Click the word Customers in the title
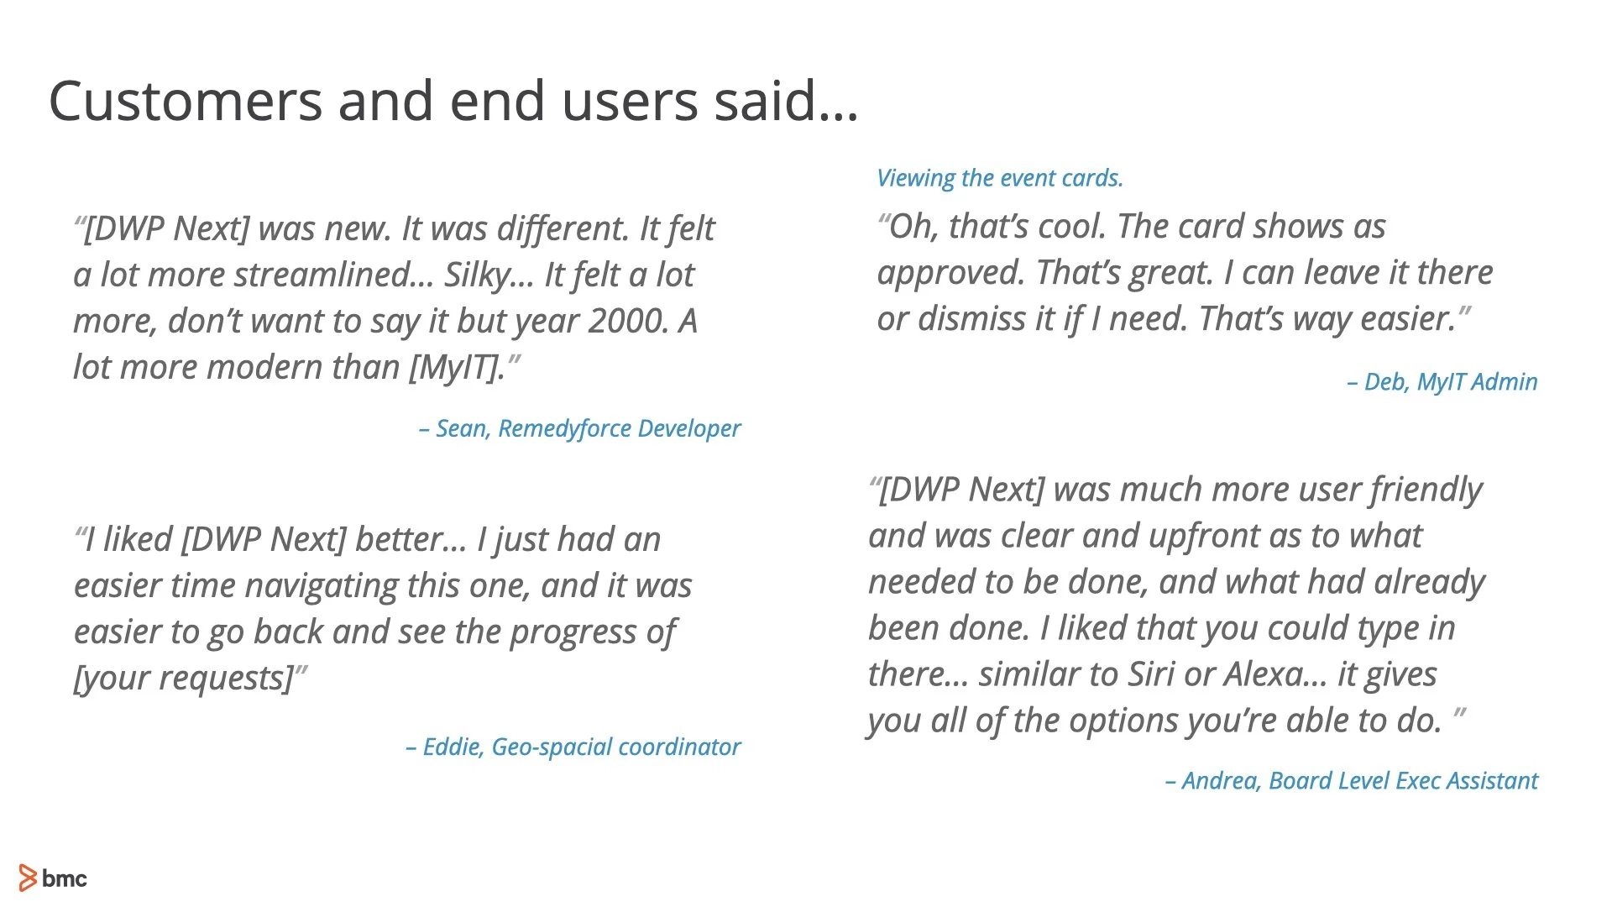pos(186,102)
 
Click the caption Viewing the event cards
pos(999,178)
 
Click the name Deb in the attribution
pos(1385,382)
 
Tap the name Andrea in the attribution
pos(1220,781)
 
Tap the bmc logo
pos(53,878)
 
